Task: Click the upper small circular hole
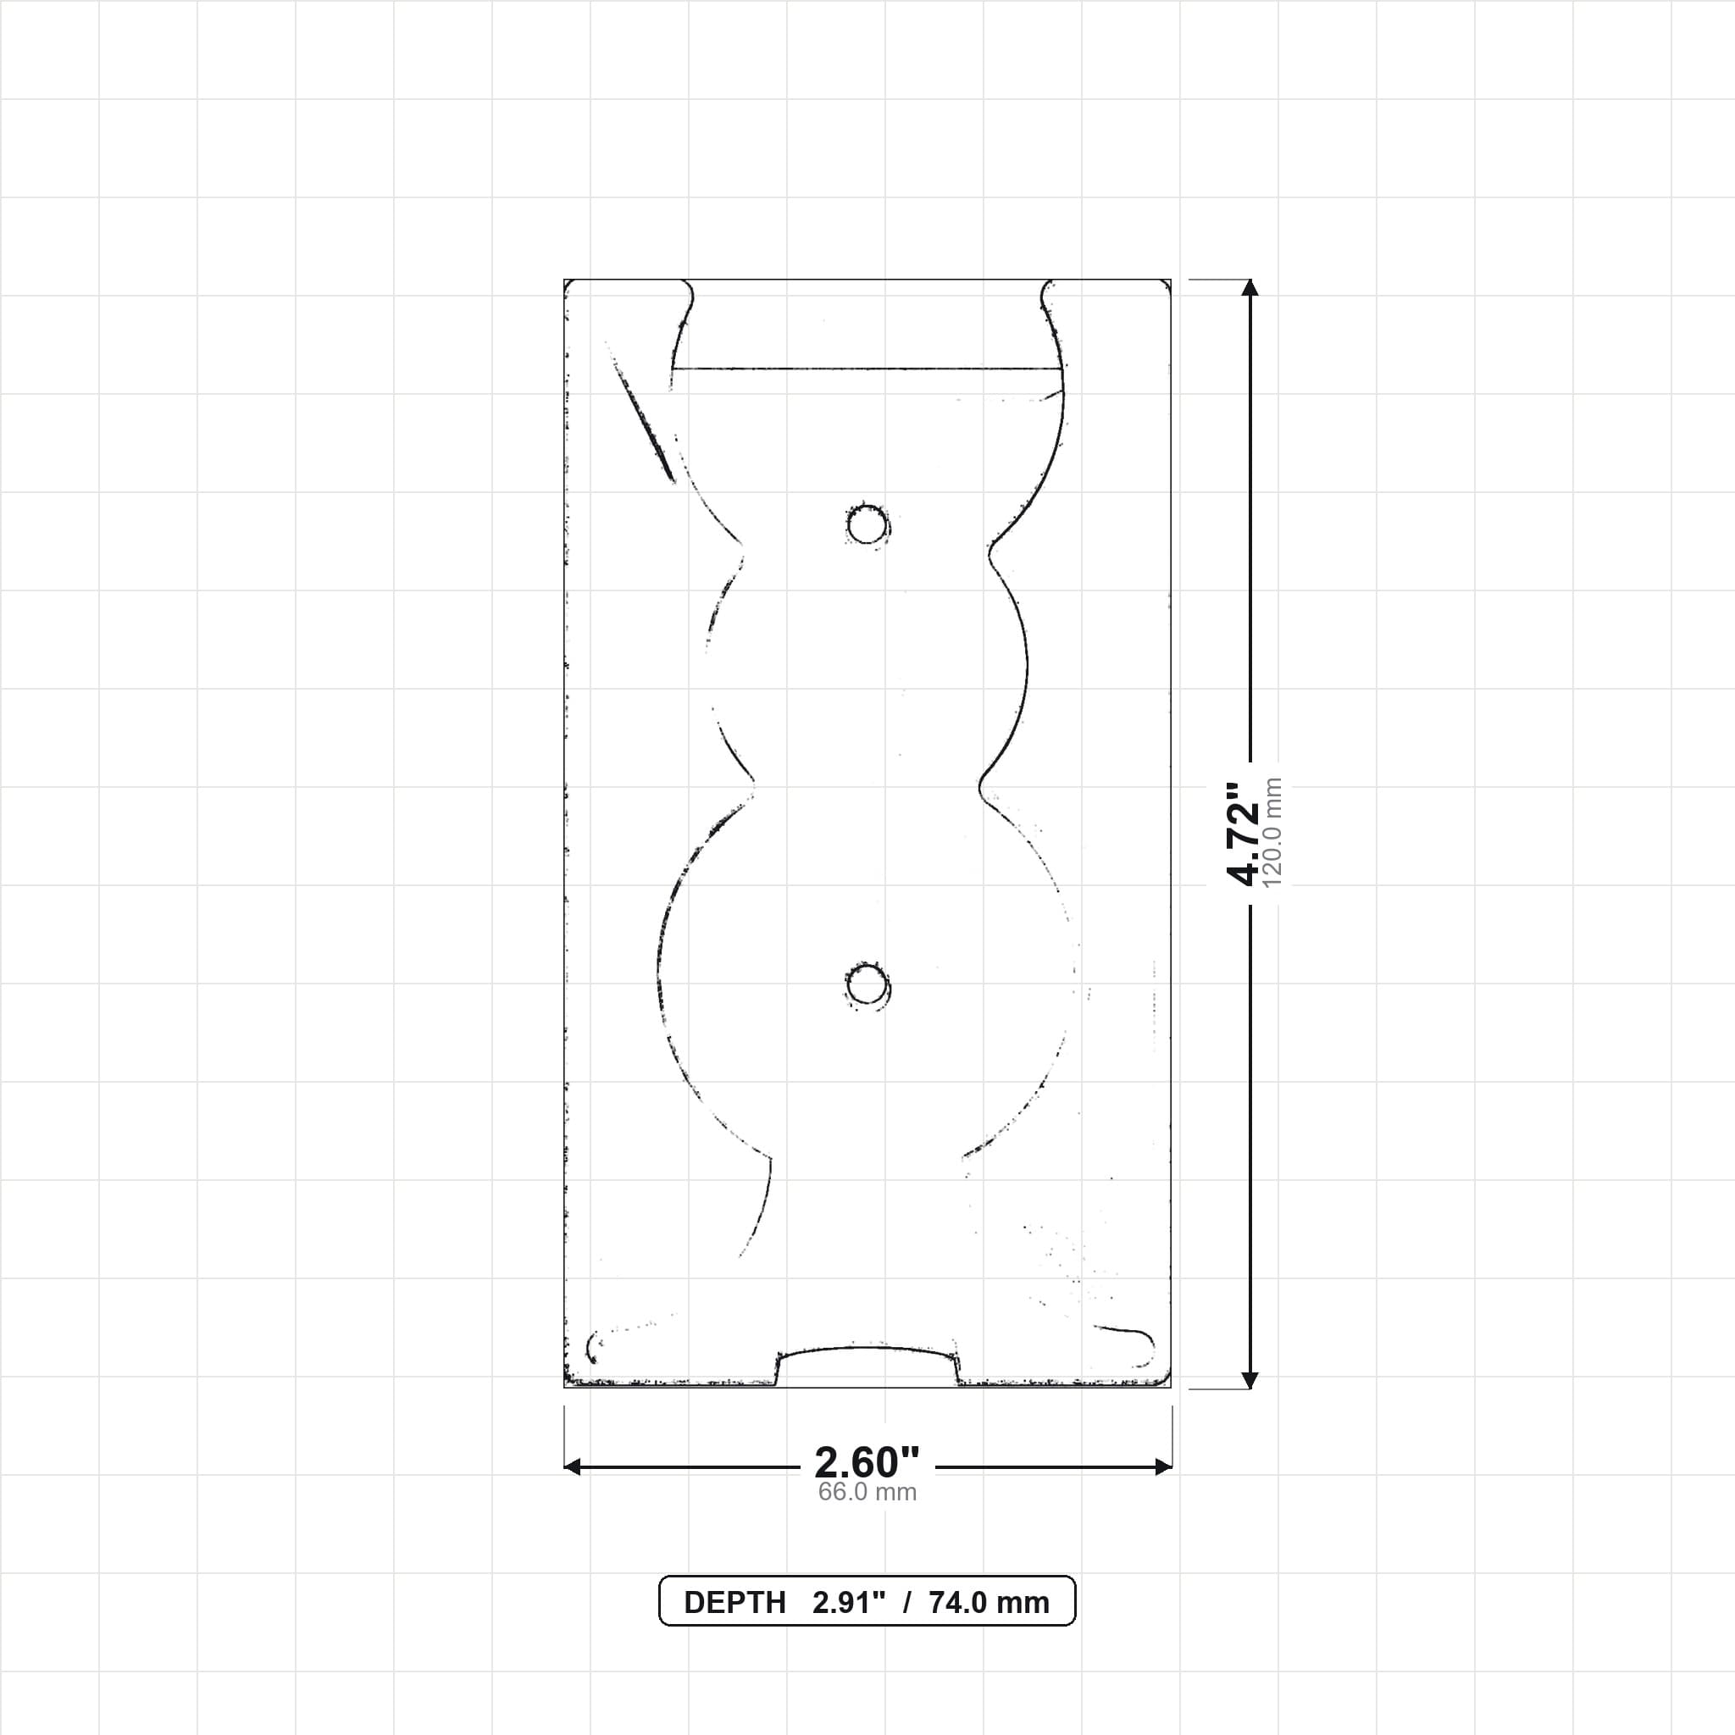[867, 524]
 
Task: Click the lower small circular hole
[867, 987]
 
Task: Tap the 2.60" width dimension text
[867, 1463]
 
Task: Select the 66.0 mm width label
[867, 1493]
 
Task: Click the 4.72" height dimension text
[1243, 834]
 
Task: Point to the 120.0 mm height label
[1272, 834]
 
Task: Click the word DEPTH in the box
[734, 1603]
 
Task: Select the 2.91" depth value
[849, 1603]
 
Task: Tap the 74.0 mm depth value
[989, 1603]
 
